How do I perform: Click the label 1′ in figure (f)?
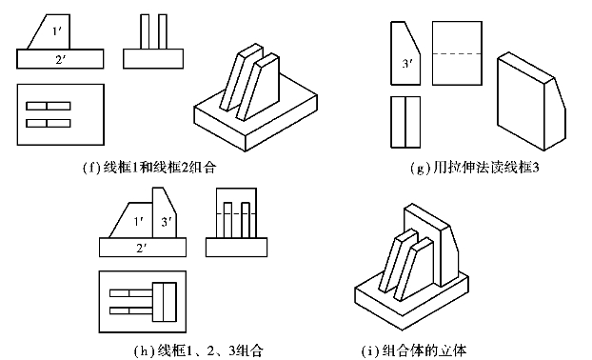(x=57, y=31)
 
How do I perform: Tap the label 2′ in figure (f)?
(x=60, y=59)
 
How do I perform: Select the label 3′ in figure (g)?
(x=406, y=64)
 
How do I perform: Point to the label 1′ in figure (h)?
(x=139, y=221)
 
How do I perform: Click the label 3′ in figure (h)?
(x=167, y=222)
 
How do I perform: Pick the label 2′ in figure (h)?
(x=142, y=248)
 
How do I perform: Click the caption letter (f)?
(x=91, y=167)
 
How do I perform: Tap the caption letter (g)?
(x=420, y=167)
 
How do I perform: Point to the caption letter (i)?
(x=369, y=350)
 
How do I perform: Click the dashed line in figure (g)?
(x=457, y=53)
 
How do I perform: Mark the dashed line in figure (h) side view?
(x=236, y=213)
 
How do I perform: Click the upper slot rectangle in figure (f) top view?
(x=49, y=106)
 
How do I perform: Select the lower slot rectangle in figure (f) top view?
(x=49, y=123)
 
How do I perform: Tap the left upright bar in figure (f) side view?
(x=145, y=31)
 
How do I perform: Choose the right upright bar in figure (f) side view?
(x=163, y=31)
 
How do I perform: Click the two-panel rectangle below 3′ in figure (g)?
(x=405, y=122)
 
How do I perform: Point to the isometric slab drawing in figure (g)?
(x=531, y=102)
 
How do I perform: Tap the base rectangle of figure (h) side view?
(x=236, y=248)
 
